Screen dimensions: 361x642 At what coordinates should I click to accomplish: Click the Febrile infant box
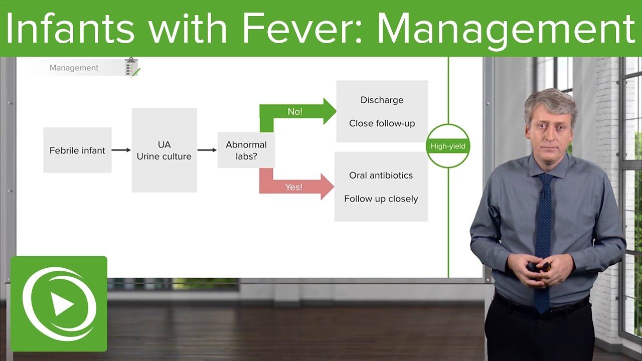click(x=77, y=150)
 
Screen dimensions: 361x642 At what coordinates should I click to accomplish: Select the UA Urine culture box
click(x=164, y=150)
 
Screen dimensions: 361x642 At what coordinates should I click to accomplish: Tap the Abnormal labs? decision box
click(x=246, y=150)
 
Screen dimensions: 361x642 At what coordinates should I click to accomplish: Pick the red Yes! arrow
click(x=296, y=187)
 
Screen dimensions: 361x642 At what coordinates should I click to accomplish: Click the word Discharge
click(x=382, y=100)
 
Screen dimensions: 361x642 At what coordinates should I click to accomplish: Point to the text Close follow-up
click(x=382, y=123)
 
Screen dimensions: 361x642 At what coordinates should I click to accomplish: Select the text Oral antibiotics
click(x=381, y=175)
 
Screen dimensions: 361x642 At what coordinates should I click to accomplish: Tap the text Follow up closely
click(x=381, y=199)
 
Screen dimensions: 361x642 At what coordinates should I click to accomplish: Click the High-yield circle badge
click(x=448, y=146)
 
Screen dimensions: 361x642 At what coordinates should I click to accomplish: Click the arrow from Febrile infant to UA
click(x=121, y=150)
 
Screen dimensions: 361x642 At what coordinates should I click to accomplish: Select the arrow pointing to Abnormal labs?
click(x=207, y=150)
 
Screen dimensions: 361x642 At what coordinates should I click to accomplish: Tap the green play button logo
click(x=59, y=304)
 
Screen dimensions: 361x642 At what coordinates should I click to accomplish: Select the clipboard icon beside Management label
click(x=132, y=67)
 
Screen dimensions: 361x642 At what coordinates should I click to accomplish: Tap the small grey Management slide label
click(x=74, y=68)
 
